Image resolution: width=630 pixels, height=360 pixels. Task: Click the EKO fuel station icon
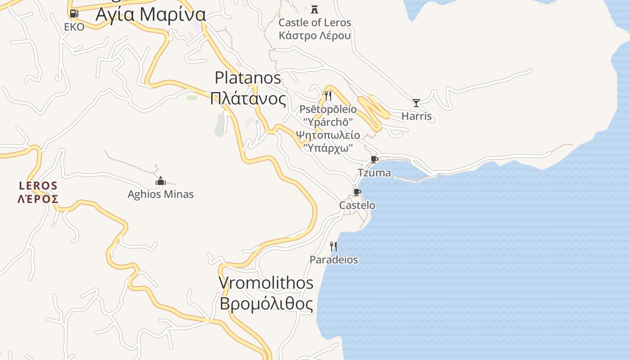[74, 13]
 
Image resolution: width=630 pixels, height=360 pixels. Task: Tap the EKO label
[74, 27]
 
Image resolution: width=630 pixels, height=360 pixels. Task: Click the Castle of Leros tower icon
[315, 9]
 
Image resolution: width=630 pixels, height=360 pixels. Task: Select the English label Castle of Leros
[315, 22]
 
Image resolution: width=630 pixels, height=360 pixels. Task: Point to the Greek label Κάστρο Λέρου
[315, 35]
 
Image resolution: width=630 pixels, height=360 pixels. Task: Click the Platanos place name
[248, 78]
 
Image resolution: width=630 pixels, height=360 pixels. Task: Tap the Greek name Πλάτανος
[248, 98]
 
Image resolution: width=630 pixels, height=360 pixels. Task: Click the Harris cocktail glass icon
[416, 103]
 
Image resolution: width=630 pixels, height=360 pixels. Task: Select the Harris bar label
[416, 116]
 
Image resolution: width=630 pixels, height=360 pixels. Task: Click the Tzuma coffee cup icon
[374, 159]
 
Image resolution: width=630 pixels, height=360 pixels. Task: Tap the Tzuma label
[374, 173]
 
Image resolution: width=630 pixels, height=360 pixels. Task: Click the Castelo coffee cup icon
[357, 193]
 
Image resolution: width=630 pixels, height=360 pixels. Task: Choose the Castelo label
[357, 205]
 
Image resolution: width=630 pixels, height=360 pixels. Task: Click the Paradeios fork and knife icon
[333, 246]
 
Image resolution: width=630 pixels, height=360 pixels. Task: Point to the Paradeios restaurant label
[333, 260]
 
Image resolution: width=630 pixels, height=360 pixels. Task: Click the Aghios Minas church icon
[161, 181]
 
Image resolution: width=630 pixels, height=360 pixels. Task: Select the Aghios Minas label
[161, 194]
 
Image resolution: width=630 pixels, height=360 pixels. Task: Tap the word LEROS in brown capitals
[38, 186]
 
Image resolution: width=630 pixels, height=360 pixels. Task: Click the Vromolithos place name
[266, 283]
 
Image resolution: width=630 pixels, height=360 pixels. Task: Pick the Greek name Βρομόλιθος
[266, 304]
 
